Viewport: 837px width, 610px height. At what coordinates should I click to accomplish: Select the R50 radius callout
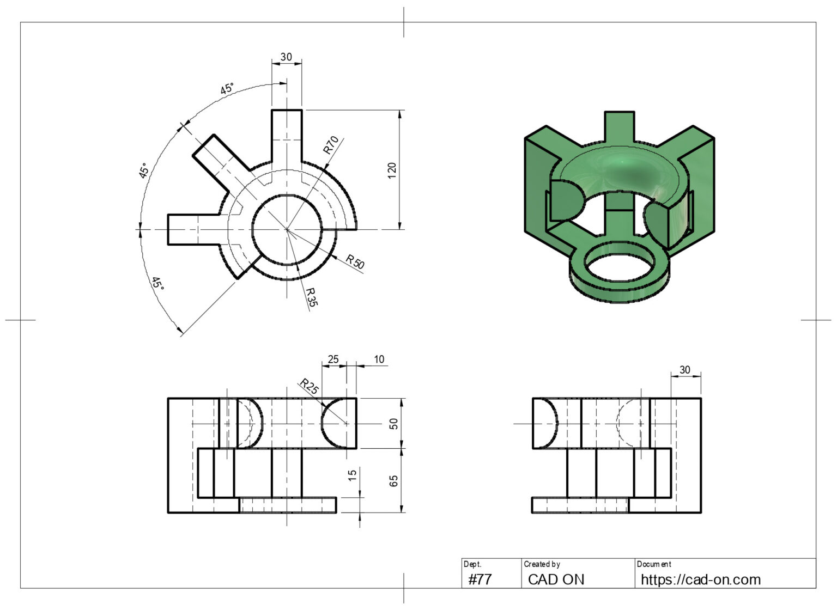(x=355, y=262)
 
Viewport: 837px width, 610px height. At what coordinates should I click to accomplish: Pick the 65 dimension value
(x=393, y=480)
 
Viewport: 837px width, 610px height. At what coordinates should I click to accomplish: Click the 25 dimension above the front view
(x=332, y=359)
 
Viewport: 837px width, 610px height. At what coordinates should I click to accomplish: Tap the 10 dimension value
(x=379, y=359)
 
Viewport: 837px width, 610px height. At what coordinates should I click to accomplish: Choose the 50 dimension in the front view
(x=393, y=423)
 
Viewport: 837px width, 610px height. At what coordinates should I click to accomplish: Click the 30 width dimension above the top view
(x=286, y=57)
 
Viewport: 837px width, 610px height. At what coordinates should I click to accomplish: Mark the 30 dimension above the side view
(x=685, y=370)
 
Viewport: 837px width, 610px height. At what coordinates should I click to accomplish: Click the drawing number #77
(x=480, y=579)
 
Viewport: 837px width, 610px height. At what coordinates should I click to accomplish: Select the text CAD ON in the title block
(x=556, y=579)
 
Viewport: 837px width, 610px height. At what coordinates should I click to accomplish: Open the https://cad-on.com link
(x=700, y=579)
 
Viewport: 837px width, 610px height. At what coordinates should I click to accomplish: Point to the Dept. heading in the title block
(x=472, y=564)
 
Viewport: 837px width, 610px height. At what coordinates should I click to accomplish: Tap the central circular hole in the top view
(x=287, y=230)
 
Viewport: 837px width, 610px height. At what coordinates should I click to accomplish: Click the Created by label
(x=542, y=564)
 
